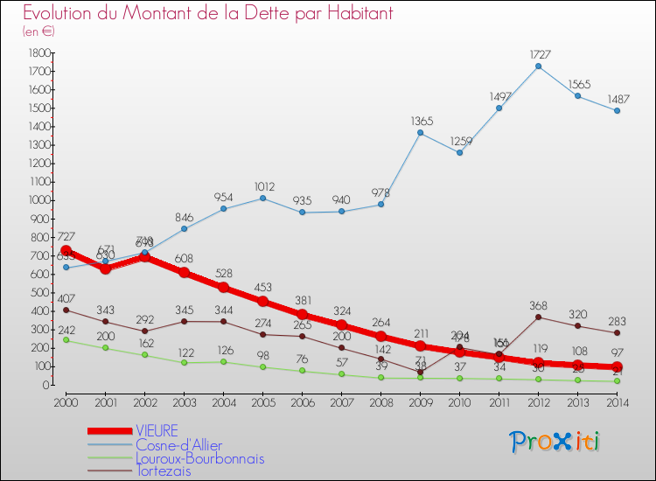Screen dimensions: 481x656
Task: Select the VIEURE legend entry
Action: point(157,430)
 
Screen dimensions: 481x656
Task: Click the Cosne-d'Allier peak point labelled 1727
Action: point(538,66)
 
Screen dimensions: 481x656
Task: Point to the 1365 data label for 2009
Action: point(420,121)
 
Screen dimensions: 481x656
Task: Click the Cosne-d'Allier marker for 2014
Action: point(617,110)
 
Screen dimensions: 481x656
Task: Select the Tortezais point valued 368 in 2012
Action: point(538,317)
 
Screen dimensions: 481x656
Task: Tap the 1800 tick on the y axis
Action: point(38,52)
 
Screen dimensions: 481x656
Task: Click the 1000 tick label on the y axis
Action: point(38,200)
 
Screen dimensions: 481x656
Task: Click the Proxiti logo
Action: point(555,442)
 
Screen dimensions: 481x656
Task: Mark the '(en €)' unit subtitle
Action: point(38,31)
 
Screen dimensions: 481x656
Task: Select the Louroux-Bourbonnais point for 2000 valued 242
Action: point(66,340)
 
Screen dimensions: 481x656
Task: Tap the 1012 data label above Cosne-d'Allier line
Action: point(262,186)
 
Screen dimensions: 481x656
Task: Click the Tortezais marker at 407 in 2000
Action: point(66,310)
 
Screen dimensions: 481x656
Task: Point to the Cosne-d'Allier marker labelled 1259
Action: point(459,152)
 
